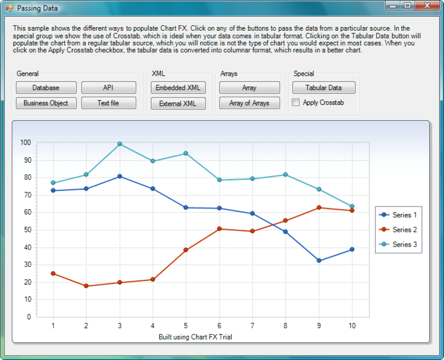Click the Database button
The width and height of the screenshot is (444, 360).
[x=46, y=88]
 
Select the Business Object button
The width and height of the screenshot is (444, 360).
[x=46, y=103]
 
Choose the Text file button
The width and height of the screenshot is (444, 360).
[x=108, y=103]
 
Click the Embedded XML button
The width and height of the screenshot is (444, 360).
[x=178, y=88]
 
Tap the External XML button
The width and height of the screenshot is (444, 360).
[x=178, y=104]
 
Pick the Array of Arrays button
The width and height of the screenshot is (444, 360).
[x=249, y=103]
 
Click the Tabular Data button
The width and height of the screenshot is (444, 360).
[x=324, y=88]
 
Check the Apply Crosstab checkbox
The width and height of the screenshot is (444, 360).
[x=296, y=102]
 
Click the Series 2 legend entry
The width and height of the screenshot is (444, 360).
[x=398, y=230]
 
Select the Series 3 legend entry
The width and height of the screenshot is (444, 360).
[x=398, y=245]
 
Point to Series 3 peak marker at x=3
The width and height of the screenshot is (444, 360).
[x=120, y=144]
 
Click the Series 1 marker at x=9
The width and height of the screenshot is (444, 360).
[x=319, y=261]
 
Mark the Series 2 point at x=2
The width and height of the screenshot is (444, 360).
[x=86, y=286]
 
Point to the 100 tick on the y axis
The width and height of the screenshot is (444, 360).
[x=25, y=142]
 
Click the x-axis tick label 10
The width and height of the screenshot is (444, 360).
[x=352, y=325]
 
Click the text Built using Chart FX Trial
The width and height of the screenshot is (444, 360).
[x=195, y=337]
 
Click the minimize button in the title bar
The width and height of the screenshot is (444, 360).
[x=393, y=6]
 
